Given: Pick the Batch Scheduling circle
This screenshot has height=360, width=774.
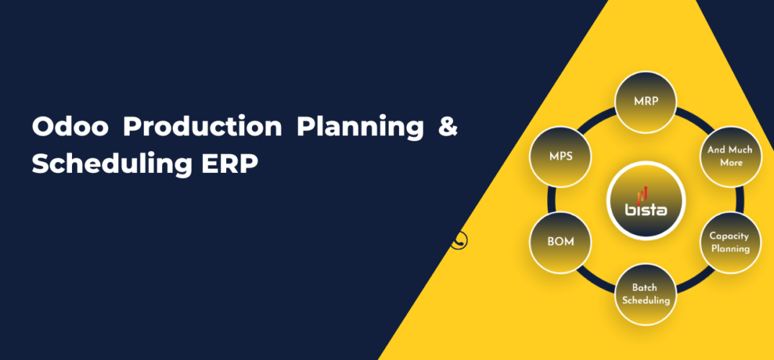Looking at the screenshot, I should coord(646,294).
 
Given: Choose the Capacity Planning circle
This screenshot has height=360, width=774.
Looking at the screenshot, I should coord(729,242).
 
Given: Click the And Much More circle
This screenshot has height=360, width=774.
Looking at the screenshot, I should coord(729,156).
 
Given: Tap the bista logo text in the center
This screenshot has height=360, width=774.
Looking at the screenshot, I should coord(646,210).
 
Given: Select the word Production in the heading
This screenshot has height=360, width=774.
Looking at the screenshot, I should coord(202,127).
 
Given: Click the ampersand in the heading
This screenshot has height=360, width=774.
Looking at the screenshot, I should coord(447,127).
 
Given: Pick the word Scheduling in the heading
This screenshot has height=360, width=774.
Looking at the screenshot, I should coord(108,163).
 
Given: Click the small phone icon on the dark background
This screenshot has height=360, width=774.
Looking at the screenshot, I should coord(459,240).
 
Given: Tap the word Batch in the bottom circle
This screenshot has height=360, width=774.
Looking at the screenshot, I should coord(646,288).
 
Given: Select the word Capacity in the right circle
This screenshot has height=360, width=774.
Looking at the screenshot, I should coord(729,235).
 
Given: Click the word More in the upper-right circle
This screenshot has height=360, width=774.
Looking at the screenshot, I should coord(729,163).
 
